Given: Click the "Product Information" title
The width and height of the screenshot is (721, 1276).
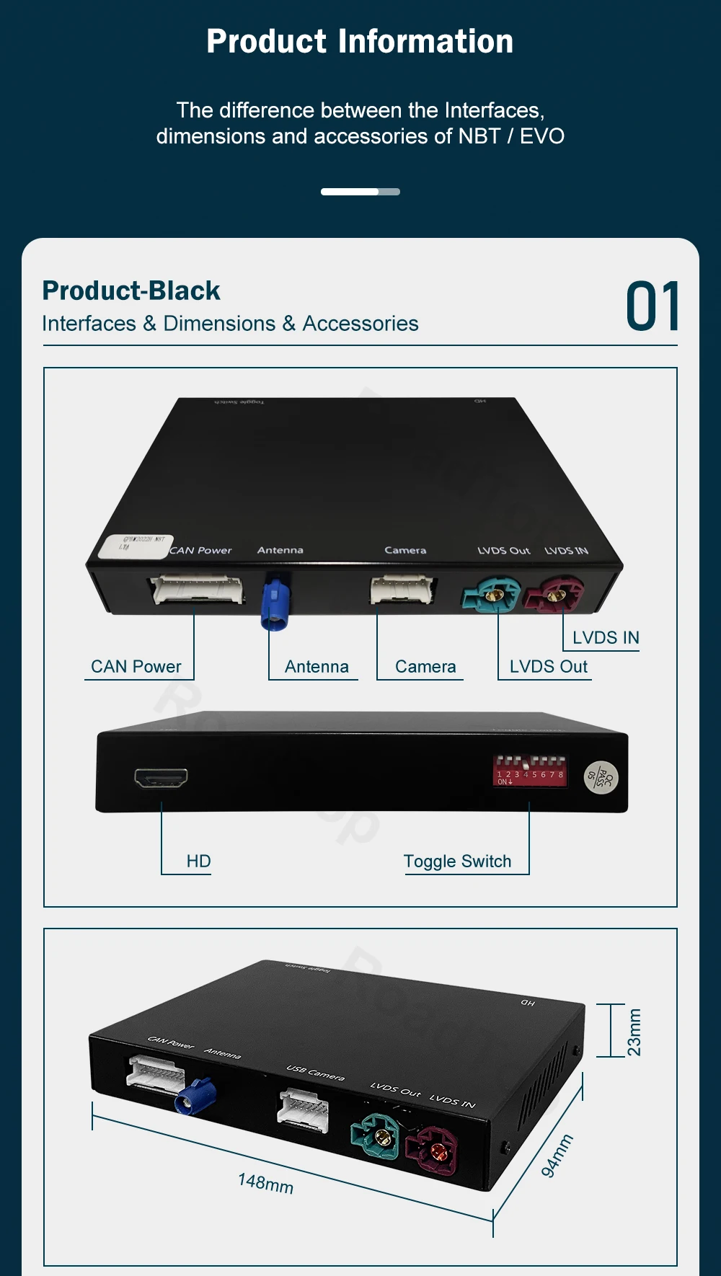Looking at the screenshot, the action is [360, 42].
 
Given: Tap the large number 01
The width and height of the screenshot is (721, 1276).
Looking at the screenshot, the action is [653, 307].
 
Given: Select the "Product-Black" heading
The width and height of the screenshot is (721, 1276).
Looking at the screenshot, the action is [131, 291].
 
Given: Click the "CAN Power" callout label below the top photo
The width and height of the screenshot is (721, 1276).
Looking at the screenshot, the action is [136, 667].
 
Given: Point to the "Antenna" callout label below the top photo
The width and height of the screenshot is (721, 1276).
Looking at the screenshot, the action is [317, 667].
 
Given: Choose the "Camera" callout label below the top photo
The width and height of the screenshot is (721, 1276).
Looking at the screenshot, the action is [425, 667].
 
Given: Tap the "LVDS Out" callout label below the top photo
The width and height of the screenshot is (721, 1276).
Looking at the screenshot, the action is [548, 667].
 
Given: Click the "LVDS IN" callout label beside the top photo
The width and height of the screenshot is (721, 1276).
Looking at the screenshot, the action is [606, 638].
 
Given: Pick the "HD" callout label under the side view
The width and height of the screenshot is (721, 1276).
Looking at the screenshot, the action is [198, 861].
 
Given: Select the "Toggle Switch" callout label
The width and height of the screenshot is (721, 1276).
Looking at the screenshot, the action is [457, 861].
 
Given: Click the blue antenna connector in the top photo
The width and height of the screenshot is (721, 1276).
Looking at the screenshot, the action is [275, 602].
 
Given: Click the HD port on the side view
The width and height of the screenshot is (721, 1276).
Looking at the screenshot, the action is [161, 778].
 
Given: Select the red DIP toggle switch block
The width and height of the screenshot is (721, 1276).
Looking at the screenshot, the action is [530, 771].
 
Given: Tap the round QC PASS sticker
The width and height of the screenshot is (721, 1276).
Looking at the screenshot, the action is [601, 777].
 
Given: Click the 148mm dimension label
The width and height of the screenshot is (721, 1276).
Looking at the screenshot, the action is [265, 1183].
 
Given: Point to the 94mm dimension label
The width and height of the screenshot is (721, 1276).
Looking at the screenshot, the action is [557, 1156].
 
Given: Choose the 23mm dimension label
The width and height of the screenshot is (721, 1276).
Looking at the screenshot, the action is [634, 1032].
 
